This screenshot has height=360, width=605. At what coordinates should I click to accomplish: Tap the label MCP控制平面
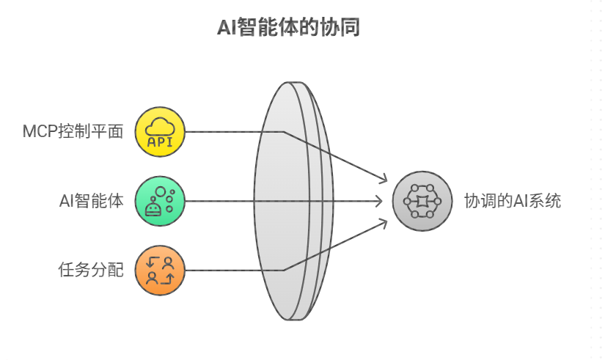click(71, 132)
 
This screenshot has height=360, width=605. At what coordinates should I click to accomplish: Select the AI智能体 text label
click(91, 201)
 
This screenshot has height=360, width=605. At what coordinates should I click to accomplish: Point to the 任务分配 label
click(91, 270)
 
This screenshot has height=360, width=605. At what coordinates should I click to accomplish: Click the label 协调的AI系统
click(513, 201)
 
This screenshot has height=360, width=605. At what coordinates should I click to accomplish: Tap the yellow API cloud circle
click(161, 132)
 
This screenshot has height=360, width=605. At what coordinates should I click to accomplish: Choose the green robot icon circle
click(161, 201)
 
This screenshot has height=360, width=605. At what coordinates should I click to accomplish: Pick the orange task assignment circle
click(161, 270)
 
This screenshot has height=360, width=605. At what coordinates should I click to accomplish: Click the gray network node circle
click(417, 201)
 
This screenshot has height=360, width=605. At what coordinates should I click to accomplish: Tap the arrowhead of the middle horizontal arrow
click(380, 201)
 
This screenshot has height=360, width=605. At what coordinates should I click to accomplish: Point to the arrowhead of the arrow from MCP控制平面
click(384, 180)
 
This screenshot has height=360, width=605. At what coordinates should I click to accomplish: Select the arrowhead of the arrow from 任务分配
click(384, 221)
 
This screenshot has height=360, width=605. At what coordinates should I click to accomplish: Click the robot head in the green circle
click(153, 209)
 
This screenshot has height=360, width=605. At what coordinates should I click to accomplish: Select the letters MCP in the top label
click(37, 132)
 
